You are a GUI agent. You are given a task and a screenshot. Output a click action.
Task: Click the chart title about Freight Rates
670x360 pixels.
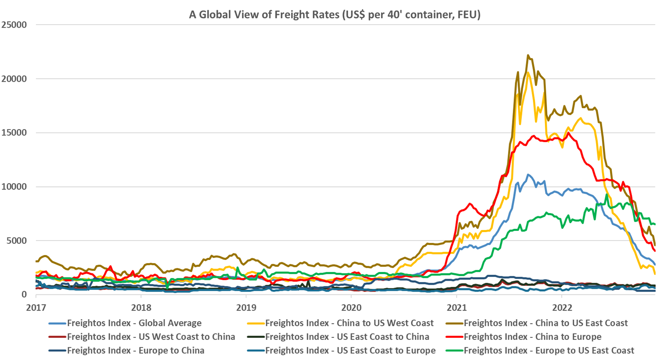tap(335, 14)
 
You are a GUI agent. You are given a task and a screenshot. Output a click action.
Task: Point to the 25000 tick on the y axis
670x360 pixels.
tap(14, 25)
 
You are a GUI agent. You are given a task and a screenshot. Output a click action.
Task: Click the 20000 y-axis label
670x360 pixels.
tap(14, 79)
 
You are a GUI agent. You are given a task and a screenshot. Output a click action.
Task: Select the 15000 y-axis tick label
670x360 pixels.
tap(14, 133)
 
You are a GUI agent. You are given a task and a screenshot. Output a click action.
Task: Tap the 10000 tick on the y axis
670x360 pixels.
tap(14, 187)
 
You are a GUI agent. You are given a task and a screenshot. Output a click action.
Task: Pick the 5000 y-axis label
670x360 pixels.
tap(16, 241)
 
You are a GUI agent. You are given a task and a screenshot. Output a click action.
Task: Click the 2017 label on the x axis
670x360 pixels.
tap(36, 308)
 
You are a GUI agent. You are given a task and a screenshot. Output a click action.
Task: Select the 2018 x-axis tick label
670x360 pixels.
tap(141, 308)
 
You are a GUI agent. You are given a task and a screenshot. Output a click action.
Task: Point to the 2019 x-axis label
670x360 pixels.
tap(246, 308)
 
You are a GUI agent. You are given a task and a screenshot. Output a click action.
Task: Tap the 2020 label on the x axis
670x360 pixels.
tap(351, 308)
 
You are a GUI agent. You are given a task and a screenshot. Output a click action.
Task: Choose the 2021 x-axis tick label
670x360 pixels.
tap(456, 308)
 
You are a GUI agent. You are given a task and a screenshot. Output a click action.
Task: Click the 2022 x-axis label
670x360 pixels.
tap(562, 308)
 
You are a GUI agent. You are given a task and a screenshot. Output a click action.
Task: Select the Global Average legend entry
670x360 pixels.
tap(134, 323)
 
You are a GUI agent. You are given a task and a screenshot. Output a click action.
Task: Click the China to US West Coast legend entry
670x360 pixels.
tap(349, 323)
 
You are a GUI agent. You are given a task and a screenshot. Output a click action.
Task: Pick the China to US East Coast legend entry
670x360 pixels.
tap(545, 323)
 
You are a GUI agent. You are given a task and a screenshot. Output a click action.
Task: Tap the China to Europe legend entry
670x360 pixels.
tap(532, 337)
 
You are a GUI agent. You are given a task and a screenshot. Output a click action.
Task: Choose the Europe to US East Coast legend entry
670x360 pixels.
tap(549, 350)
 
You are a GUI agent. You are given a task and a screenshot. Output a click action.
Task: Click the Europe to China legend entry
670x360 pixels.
tap(136, 350)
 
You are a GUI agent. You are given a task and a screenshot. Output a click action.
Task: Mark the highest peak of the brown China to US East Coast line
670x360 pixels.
tap(528, 56)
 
